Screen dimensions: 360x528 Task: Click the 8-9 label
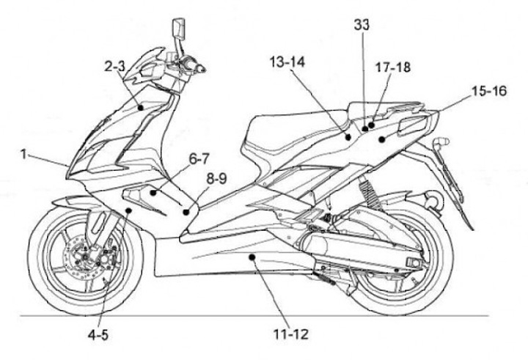click(x=216, y=177)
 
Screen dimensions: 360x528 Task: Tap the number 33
click(x=362, y=24)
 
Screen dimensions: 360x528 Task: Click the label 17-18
click(x=395, y=67)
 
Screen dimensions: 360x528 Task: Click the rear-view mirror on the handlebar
click(x=178, y=29)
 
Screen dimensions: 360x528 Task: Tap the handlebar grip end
click(x=199, y=69)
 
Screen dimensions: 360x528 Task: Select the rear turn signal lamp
click(x=442, y=141)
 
